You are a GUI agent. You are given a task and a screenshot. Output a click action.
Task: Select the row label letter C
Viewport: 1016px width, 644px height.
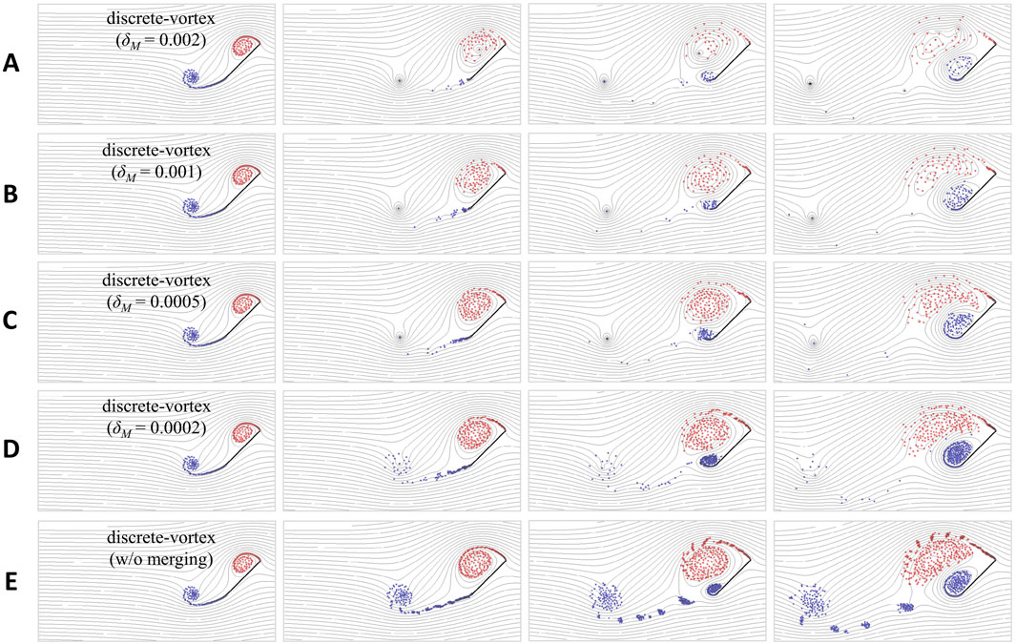tap(10, 322)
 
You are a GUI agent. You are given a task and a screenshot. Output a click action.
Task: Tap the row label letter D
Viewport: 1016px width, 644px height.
tap(10, 449)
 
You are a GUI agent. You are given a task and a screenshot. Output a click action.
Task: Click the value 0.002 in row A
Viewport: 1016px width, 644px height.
tap(183, 39)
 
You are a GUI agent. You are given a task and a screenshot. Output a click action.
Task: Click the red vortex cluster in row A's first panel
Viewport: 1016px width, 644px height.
tap(244, 46)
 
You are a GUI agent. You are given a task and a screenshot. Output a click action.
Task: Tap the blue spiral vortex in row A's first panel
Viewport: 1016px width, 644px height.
tap(191, 77)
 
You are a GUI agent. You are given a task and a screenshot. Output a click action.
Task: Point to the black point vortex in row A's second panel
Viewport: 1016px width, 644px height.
tap(399, 81)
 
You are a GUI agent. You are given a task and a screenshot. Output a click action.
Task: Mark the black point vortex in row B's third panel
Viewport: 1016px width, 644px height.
tap(607, 211)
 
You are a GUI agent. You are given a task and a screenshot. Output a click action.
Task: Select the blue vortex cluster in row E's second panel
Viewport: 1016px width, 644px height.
tap(400, 596)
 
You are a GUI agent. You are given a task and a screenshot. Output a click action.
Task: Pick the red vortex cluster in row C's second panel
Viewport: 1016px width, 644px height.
tap(478, 303)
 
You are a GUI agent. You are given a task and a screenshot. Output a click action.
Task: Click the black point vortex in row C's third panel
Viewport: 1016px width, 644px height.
tap(607, 338)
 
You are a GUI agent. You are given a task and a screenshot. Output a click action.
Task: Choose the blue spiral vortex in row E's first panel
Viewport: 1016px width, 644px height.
tap(191, 593)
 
